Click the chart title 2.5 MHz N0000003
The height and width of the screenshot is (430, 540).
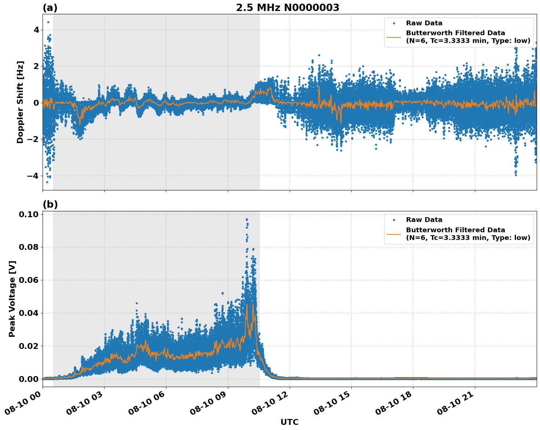(287, 8)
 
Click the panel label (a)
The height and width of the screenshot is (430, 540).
(50, 8)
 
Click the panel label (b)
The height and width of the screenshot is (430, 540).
(50, 204)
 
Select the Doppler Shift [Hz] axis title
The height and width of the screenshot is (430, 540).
(20, 102)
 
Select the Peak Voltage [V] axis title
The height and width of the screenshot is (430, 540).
(12, 299)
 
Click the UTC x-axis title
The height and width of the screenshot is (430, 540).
(289, 422)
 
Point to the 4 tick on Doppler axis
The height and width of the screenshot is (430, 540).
(36, 30)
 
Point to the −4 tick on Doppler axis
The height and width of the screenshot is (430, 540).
(33, 176)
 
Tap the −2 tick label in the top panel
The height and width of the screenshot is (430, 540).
(33, 139)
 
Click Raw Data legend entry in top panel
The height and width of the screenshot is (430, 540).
(424, 23)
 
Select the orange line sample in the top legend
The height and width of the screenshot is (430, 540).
(394, 37)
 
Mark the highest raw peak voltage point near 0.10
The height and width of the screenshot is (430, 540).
(247, 219)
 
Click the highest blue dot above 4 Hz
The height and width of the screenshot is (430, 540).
(48, 22)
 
